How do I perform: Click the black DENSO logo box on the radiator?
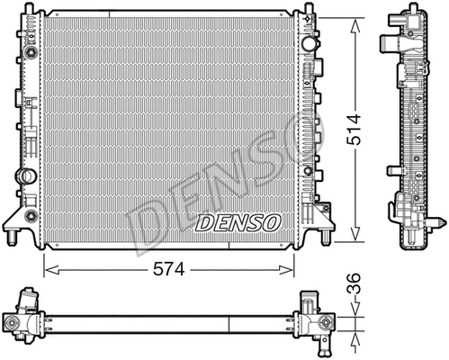coord(238,221)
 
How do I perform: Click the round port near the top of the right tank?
coord(309,43)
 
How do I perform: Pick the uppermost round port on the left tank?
coord(29,54)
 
